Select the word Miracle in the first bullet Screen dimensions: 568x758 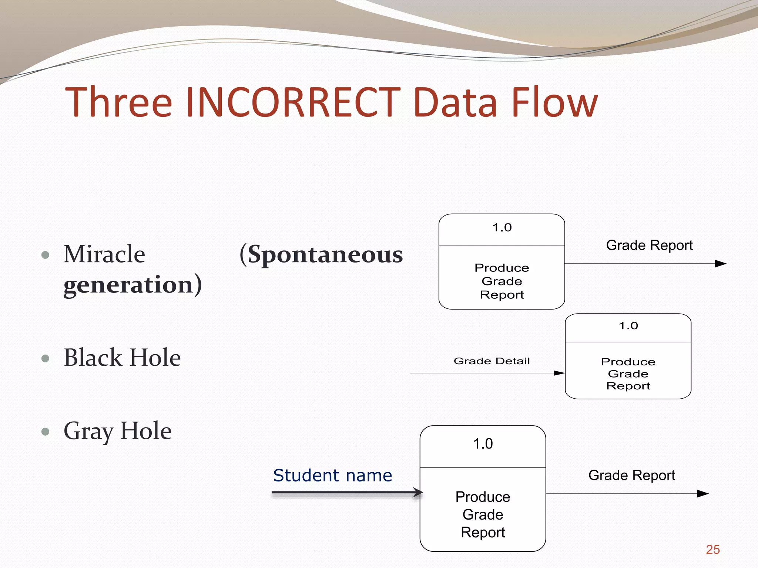tap(104, 254)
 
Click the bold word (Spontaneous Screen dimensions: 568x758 tap(321, 255)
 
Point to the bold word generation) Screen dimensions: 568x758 tap(133, 285)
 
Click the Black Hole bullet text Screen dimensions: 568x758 tap(122, 358)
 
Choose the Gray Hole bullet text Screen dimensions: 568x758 tap(118, 431)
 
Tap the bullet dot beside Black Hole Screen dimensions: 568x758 tap(46, 358)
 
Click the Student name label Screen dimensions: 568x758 tap(332, 476)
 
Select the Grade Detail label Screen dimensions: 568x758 tap(492, 361)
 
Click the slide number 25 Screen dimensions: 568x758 tap(712, 550)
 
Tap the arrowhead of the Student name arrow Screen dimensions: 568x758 tap(418, 492)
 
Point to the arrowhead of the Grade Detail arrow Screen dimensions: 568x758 tap(559, 373)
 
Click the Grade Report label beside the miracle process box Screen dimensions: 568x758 tap(649, 245)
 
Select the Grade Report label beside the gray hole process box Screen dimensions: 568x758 tap(631, 475)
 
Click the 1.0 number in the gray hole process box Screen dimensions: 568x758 tap(483, 444)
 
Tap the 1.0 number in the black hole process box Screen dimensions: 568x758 tap(628, 326)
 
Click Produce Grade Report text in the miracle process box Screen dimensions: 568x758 tap(502, 281)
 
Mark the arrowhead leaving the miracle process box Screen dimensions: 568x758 tap(720, 264)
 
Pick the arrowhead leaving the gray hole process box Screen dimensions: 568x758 tap(702, 494)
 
